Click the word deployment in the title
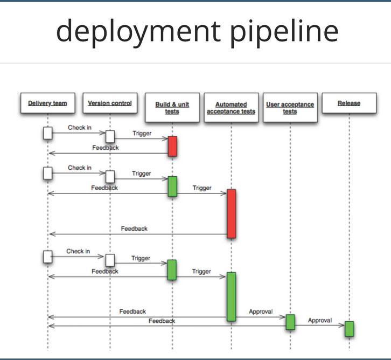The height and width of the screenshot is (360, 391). coord(137,32)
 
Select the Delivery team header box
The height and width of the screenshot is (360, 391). coord(47,103)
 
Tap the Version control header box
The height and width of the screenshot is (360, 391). coord(110,103)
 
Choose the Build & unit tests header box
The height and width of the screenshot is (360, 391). coord(172,107)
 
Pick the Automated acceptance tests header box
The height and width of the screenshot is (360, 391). coord(231,107)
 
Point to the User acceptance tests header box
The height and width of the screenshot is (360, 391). coord(290,107)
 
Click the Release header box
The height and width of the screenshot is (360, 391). coord(349,103)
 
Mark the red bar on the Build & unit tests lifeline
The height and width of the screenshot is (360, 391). coord(172,146)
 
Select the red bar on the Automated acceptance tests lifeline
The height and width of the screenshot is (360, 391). coord(231,213)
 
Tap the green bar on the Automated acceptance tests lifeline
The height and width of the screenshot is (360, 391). coord(231,296)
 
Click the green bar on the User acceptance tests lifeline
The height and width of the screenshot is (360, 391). coord(290,322)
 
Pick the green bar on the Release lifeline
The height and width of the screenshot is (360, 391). coord(349,328)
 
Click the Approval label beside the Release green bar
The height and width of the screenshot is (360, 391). coord(319,321)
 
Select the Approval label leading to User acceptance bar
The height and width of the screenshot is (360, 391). coord(261,311)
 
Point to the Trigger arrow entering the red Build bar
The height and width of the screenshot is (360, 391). coord(142,133)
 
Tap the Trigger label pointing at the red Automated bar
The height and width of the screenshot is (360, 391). coord(202,188)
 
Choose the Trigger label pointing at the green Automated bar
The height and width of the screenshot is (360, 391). coord(202,272)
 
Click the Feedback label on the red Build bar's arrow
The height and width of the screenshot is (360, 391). coord(106,147)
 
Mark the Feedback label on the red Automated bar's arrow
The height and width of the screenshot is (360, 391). coord(134,229)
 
